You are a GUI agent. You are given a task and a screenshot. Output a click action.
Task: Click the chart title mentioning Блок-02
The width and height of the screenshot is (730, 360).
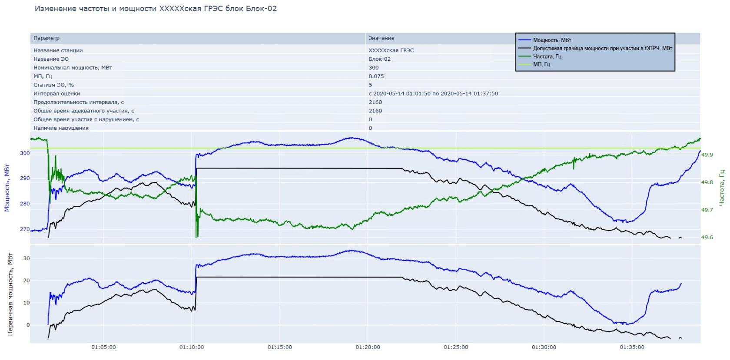pos(156,9)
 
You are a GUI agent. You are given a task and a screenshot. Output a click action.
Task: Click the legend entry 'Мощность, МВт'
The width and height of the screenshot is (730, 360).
pos(552,40)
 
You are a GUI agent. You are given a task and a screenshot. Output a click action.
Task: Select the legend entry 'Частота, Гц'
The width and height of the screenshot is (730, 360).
pos(547,56)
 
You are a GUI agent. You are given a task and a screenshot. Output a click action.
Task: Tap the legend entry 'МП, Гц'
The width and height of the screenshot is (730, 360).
pos(541,65)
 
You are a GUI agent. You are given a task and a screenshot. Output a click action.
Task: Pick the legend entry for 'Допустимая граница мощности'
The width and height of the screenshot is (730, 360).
pos(602,48)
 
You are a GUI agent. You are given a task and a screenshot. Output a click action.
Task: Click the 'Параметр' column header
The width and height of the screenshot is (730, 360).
pos(46,38)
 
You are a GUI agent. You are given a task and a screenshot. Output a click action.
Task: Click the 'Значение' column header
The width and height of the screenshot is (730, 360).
pos(381,38)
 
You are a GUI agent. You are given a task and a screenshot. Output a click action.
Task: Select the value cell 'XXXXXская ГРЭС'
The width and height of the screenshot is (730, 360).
pos(391,50)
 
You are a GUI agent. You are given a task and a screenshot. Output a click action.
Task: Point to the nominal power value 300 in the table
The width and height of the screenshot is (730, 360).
pos(373,68)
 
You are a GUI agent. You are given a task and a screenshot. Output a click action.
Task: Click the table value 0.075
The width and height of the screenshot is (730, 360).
pos(376,76)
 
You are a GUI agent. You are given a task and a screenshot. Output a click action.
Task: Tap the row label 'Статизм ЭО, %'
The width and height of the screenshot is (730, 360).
pos(54,85)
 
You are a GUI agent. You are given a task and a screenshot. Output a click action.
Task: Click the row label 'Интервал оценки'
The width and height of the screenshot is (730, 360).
pos(57,94)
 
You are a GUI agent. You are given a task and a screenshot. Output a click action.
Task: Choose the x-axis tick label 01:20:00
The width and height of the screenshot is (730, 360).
pos(368,347)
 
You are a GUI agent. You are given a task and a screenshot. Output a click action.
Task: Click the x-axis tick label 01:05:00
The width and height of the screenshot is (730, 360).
pos(103,347)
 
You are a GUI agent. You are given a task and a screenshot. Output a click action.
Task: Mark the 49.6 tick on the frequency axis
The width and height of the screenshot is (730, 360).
pos(707,238)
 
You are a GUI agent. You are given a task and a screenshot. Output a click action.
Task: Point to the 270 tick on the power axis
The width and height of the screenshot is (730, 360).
pos(25,229)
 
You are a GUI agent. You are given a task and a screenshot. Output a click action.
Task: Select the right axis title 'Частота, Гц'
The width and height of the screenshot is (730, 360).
pos(721,188)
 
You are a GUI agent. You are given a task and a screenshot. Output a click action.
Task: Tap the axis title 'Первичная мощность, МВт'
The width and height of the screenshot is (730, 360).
pos(10,295)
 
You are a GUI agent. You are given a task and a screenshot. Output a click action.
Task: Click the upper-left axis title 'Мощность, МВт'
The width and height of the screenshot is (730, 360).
pos(7,188)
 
